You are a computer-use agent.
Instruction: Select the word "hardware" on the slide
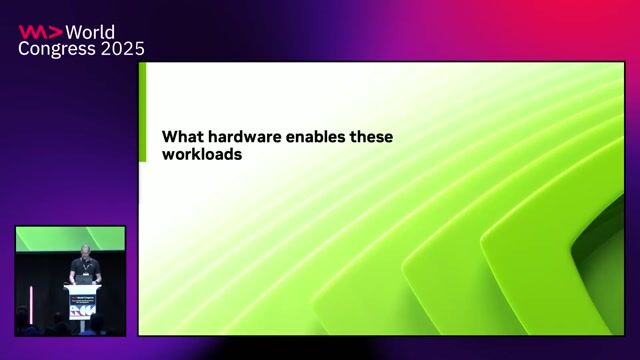pyautogui.click(x=247, y=137)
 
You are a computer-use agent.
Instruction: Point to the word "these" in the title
pyautogui.click(x=373, y=137)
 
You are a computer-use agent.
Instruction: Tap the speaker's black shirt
pyautogui.click(x=85, y=268)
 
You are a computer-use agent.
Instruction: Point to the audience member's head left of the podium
pyautogui.click(x=25, y=316)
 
